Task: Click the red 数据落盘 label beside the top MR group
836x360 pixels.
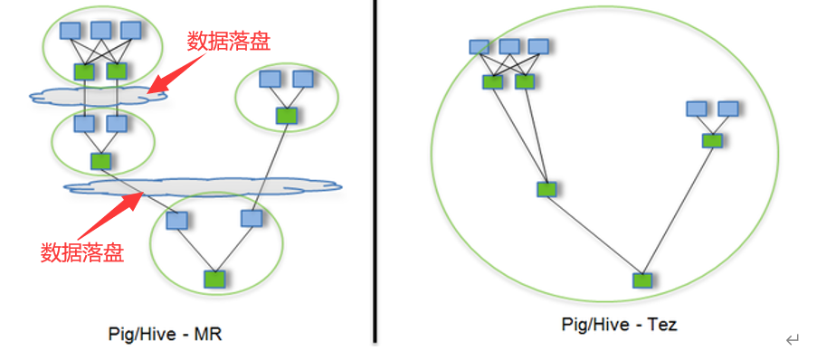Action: point(229,41)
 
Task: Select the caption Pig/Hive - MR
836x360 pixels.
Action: point(165,335)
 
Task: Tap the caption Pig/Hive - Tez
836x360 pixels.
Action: point(619,324)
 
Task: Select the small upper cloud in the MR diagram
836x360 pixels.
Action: point(90,95)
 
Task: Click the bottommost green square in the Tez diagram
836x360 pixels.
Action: point(641,280)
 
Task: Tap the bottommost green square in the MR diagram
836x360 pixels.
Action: point(214,279)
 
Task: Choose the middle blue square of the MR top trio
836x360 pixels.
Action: point(100,31)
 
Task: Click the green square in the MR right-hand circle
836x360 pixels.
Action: point(286,115)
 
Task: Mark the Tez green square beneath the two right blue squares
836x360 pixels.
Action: point(712,140)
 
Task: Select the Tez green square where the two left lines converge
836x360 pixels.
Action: point(546,189)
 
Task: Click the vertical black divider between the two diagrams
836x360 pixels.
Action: point(374,172)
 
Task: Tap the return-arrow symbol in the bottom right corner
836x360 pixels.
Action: point(793,340)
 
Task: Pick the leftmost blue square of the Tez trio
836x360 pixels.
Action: point(480,46)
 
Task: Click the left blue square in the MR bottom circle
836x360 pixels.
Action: point(177,220)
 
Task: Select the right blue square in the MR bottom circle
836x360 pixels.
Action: point(251,218)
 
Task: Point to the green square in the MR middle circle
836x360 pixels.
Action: point(100,161)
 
